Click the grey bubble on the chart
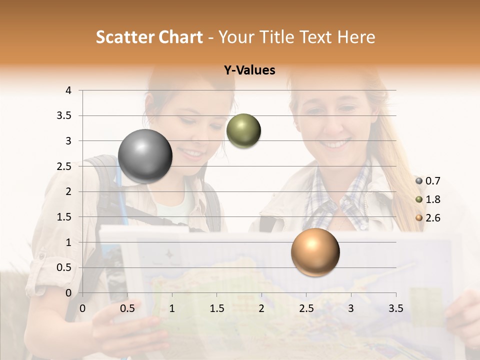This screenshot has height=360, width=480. tap(145, 156)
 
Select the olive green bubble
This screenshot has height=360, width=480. tap(243, 130)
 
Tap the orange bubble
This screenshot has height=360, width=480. tap(315, 252)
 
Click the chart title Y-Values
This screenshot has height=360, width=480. tap(249, 70)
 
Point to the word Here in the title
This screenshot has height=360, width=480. tap(356, 37)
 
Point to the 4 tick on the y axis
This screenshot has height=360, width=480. tap(68, 90)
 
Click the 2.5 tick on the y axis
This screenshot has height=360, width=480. tap(64, 166)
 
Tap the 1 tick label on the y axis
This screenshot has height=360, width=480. tap(68, 242)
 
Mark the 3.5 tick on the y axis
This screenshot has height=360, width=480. tap(64, 116)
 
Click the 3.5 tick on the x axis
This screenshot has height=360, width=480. tap(395, 308)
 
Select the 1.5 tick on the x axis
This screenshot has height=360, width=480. tap(216, 308)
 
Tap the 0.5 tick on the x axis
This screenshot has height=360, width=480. tap(127, 308)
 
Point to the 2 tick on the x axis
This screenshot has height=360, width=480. tap(261, 308)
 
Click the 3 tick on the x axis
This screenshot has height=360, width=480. tap(351, 308)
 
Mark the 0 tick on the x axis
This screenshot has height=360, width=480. tap(82, 308)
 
